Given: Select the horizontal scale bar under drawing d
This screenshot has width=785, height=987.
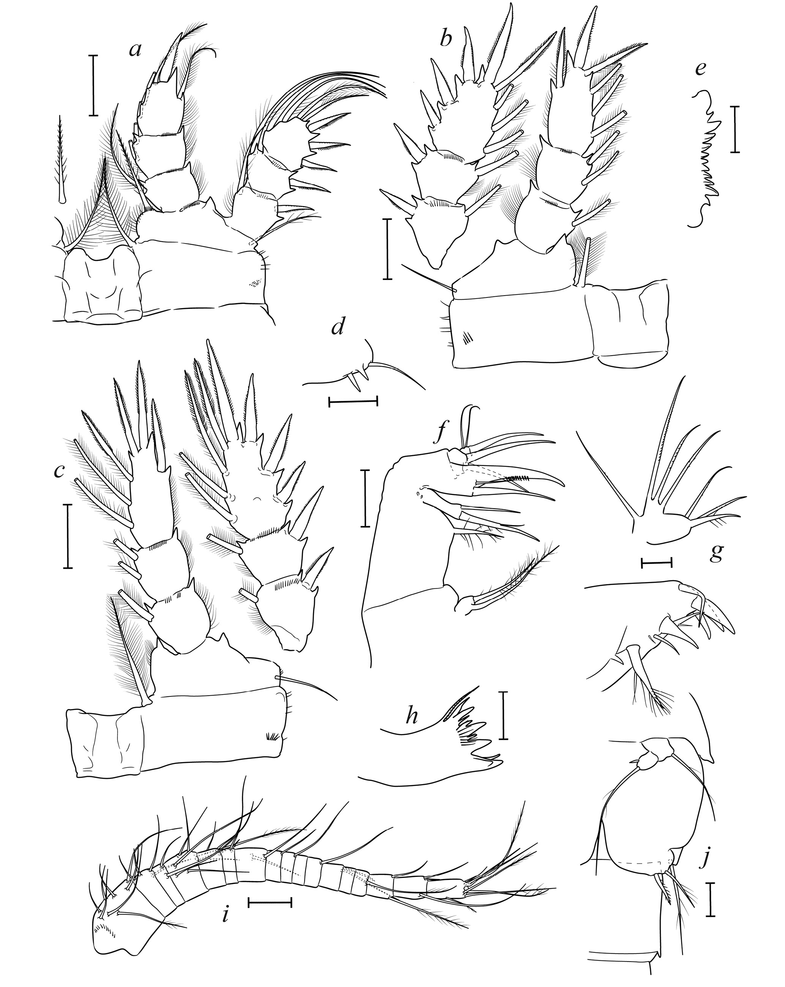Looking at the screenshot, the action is coord(353,402).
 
